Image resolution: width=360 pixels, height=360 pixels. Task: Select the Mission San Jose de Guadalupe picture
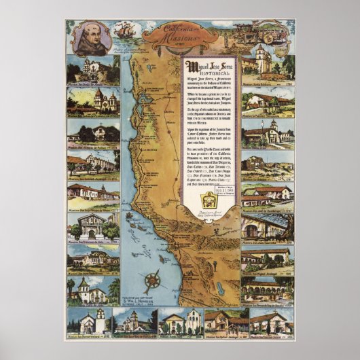[267, 197]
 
